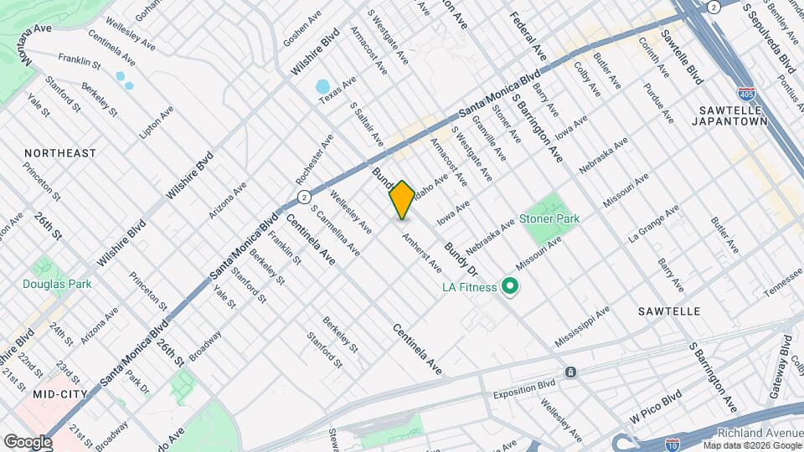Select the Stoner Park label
(549, 218)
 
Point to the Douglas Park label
(58, 284)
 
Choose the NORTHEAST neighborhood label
(59, 153)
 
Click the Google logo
(28, 442)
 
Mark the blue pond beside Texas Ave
(322, 87)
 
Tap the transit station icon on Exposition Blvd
(570, 372)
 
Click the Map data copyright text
(751, 445)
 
